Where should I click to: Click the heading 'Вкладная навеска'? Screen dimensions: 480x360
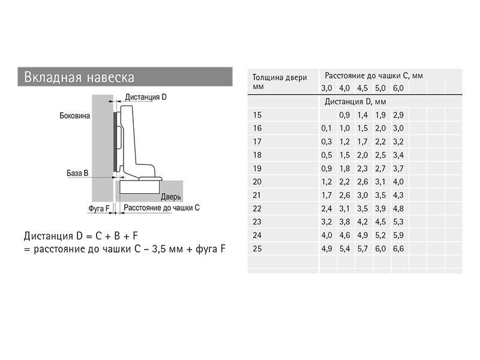79,77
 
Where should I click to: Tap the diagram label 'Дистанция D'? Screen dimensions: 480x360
146,97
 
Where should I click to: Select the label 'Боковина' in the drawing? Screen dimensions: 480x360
74,116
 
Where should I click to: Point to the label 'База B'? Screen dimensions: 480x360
77,173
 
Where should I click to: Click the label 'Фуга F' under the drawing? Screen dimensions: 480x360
98,208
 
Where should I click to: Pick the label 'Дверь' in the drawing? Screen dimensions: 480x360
171,197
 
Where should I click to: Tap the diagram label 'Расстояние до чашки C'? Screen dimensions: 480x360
161,208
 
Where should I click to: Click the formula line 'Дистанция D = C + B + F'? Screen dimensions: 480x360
81,236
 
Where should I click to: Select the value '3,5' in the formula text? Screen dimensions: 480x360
159,249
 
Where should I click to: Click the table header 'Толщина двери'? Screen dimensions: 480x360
280,77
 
